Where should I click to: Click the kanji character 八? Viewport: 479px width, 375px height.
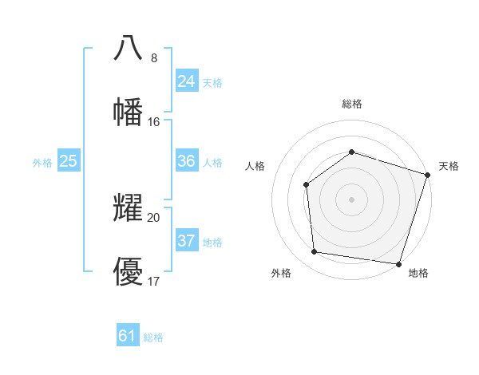[x=129, y=49]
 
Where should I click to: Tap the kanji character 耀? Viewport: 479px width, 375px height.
[x=129, y=209]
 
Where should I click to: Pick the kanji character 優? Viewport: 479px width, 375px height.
[x=129, y=271]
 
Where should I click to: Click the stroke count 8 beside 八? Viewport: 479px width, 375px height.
[x=154, y=58]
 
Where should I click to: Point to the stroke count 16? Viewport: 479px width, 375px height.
[x=154, y=121]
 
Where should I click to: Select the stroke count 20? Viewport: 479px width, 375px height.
[x=154, y=218]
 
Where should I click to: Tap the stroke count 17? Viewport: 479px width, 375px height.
[x=154, y=281]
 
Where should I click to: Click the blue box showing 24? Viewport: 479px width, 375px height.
[x=187, y=81]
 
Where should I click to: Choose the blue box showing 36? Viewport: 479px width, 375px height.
[x=187, y=161]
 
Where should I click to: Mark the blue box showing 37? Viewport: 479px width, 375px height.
[x=187, y=241]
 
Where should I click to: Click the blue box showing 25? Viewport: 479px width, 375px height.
[x=69, y=161]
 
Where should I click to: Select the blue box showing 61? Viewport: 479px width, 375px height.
[x=128, y=336]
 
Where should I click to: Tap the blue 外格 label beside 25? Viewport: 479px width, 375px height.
[x=42, y=163]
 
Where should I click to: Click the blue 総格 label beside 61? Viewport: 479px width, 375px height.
[x=153, y=337]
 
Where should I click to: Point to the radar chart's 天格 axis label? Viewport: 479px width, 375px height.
[x=449, y=166]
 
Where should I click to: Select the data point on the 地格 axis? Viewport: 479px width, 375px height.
[x=398, y=263]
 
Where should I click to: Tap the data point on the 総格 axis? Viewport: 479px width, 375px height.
[x=351, y=152]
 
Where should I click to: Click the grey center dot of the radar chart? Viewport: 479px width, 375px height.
[x=351, y=199]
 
